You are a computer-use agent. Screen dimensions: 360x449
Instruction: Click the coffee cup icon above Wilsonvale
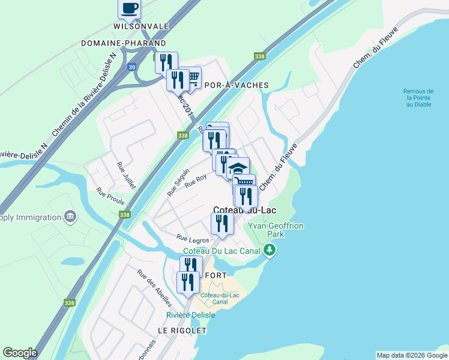pos(130,8)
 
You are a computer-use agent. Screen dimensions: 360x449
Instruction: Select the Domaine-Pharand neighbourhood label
pos(123,43)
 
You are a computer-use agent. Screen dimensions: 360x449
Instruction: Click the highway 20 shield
pos(131,67)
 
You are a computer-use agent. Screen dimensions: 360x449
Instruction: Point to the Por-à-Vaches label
pos(237,85)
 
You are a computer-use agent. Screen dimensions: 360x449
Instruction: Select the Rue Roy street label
pos(196,182)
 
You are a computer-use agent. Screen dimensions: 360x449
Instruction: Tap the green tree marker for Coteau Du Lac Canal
pos(270,250)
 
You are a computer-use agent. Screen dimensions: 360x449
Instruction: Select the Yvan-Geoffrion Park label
pos(276,230)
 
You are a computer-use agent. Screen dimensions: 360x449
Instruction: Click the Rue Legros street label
pos(192,239)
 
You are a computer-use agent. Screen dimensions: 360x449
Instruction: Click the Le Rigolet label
pos(182,331)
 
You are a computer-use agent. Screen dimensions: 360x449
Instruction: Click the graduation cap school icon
pos(238,167)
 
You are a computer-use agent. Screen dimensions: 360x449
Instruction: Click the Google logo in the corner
pos(20,353)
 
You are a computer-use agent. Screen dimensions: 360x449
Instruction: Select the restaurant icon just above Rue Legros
pos(222,223)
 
